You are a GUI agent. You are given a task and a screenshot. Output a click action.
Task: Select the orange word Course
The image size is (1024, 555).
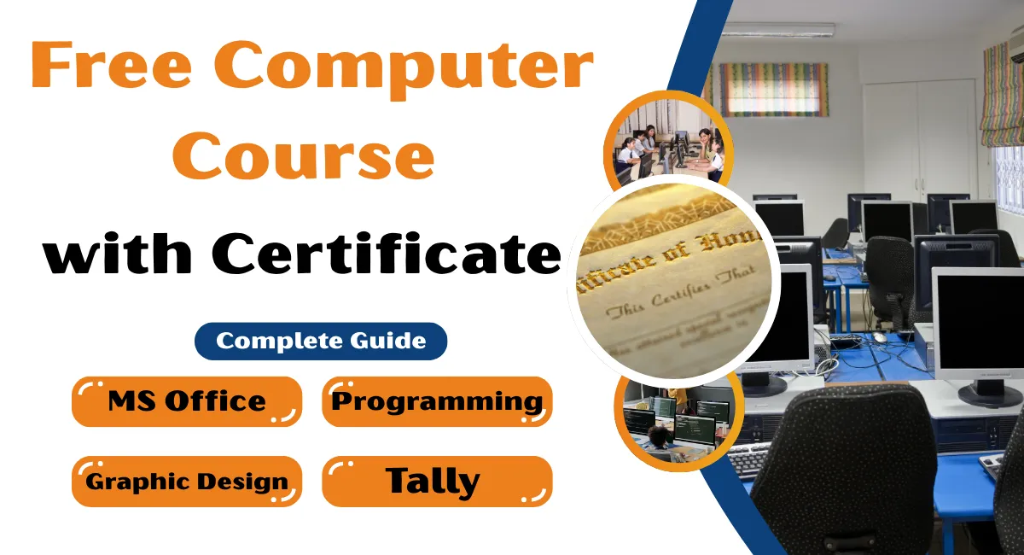(x=310, y=155)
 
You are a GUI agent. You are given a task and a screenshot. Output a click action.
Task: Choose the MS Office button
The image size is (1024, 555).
(x=187, y=401)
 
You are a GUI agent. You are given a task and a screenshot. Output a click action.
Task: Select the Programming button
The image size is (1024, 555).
(x=437, y=401)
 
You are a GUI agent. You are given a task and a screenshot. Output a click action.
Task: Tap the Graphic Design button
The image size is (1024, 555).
(x=187, y=482)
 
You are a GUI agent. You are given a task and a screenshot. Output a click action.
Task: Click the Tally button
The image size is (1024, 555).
(x=437, y=482)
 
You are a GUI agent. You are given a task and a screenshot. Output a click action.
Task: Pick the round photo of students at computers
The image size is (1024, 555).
(x=668, y=143)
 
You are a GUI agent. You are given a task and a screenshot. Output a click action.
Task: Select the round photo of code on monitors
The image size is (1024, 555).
(x=674, y=418)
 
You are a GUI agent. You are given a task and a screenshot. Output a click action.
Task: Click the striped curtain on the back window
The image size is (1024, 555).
(x=773, y=89)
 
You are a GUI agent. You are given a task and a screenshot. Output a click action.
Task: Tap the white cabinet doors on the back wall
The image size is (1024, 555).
(x=918, y=137)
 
